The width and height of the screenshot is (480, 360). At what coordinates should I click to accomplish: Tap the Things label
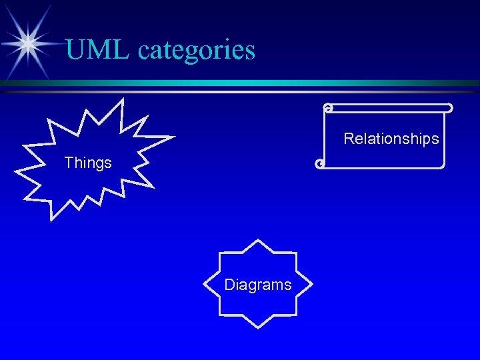[88, 163]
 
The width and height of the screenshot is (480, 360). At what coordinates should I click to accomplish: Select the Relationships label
[391, 139]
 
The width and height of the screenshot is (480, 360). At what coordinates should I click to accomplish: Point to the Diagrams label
[258, 285]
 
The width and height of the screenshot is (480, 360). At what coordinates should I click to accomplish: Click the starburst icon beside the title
[27, 43]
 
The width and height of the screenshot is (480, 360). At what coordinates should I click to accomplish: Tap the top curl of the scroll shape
[327, 107]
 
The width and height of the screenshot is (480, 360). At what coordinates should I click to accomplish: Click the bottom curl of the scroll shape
[321, 163]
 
